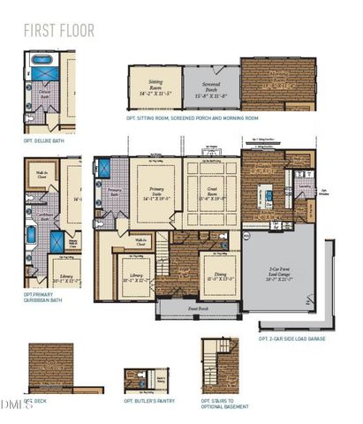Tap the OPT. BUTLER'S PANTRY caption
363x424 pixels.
(148, 400)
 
